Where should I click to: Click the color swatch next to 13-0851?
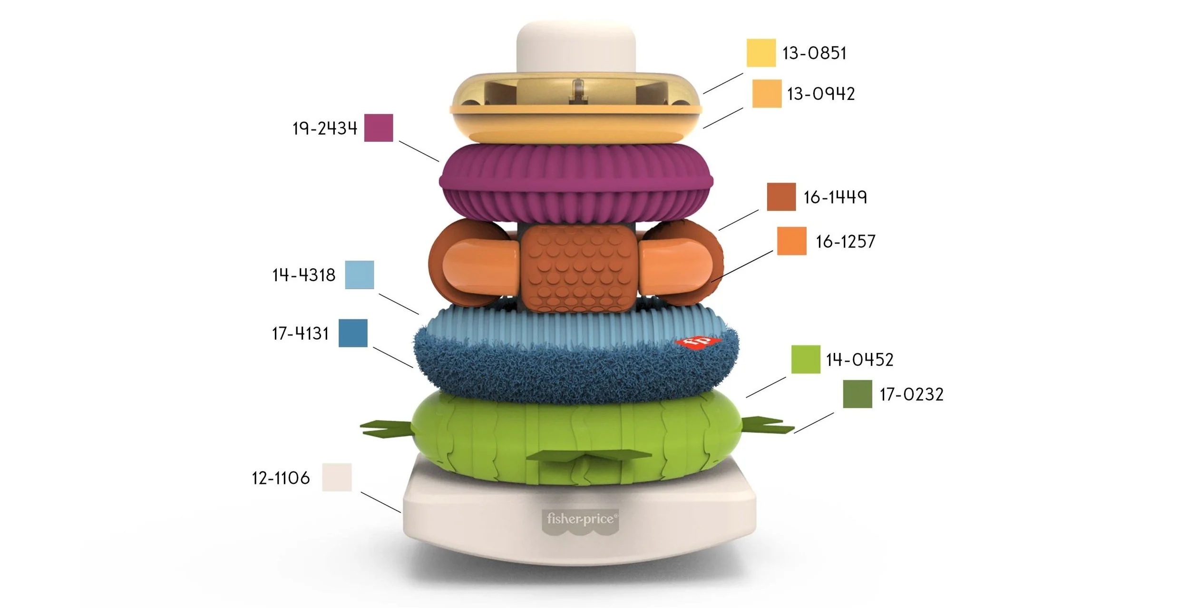[761, 52]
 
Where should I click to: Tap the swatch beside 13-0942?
[767, 93]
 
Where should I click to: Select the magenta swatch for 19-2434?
[379, 127]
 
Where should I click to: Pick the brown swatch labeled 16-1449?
[781, 196]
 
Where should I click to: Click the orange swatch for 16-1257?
[791, 241]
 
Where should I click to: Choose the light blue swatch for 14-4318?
[359, 275]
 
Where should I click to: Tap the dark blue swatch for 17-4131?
[353, 333]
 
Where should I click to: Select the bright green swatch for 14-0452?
[806, 359]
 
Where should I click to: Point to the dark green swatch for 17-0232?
[858, 394]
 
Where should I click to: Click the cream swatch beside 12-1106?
[337, 477]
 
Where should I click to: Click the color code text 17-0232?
[911, 394]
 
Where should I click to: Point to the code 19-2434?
[324, 128]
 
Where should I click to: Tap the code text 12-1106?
[281, 478]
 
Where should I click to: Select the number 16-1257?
[845, 242]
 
